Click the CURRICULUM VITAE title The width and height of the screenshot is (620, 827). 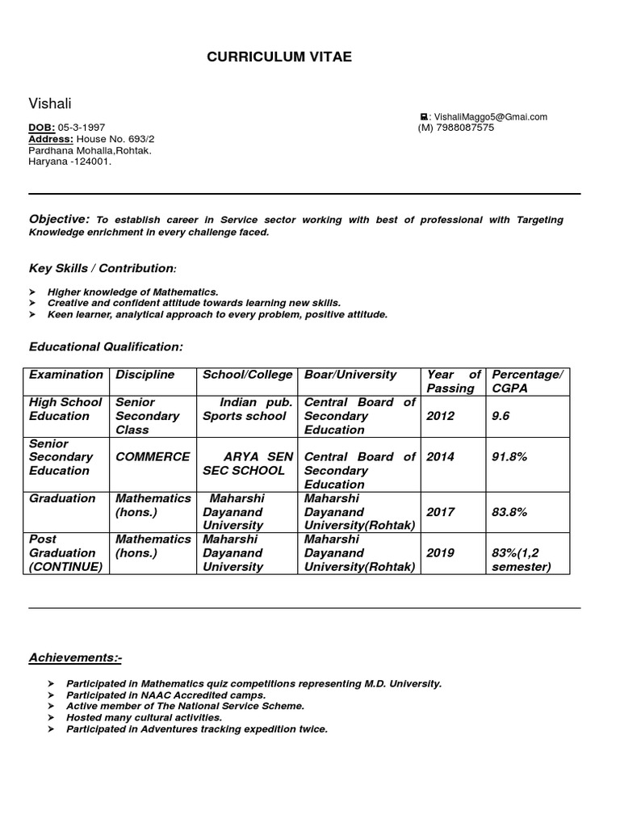[279, 57]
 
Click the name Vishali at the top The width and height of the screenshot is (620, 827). [50, 103]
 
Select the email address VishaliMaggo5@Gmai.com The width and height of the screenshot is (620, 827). [490, 117]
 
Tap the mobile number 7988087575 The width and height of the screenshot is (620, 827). [464, 128]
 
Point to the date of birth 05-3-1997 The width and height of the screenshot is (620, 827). [82, 128]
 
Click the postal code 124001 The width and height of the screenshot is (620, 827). [93, 162]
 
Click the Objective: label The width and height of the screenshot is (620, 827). [59, 219]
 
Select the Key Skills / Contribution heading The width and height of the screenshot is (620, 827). [102, 268]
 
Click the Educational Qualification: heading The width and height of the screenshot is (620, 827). [106, 346]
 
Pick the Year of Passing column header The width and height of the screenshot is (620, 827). [453, 381]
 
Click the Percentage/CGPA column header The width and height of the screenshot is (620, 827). [526, 381]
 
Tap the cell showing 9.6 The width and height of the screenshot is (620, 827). [501, 416]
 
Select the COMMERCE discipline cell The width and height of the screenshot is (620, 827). [153, 457]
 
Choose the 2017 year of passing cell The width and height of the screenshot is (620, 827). [441, 512]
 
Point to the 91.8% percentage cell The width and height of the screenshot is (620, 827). [509, 457]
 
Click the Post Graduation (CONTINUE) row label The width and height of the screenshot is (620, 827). [65, 553]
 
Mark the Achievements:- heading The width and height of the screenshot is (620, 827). [75, 658]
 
